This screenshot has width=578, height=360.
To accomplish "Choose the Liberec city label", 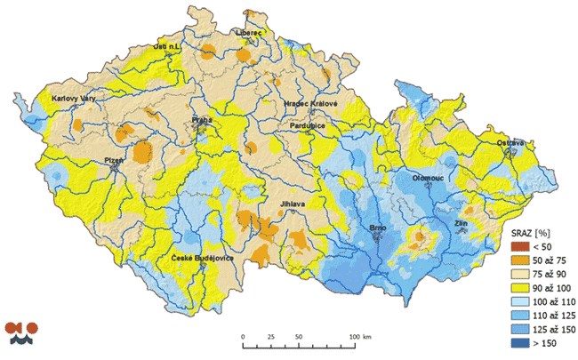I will point(249,32).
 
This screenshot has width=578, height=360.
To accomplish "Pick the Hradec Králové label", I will point(310,104).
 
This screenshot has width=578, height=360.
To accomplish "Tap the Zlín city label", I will point(462,223).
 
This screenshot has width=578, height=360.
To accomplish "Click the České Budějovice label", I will point(203,259).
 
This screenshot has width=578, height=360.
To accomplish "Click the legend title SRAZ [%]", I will point(525,233).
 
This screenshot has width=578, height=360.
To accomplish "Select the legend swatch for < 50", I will point(517,246).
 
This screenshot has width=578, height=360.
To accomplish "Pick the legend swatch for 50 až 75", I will point(517,260).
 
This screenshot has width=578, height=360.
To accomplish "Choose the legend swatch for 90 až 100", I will point(517,289).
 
